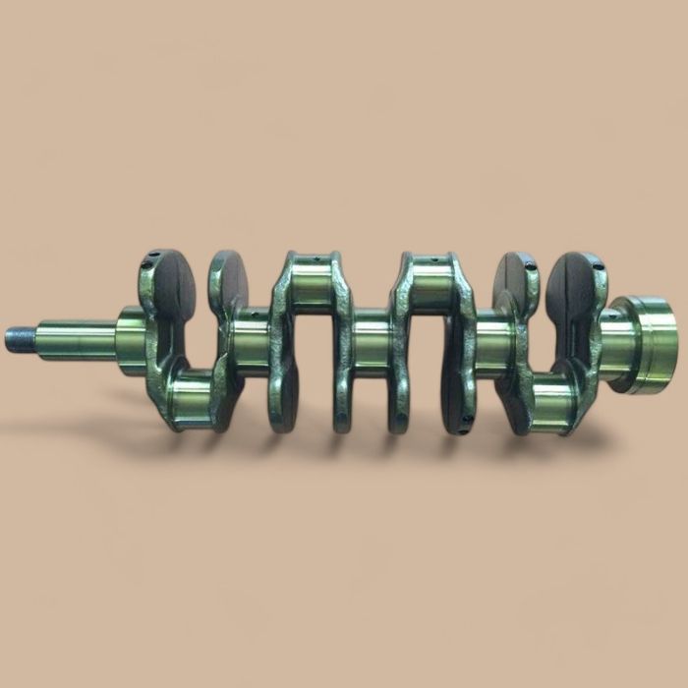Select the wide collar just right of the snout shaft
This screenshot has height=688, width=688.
pyautogui.click(x=130, y=334)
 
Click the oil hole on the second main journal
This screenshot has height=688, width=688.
pyautogui.click(x=254, y=316)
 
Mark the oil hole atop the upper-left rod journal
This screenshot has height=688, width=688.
pyautogui.click(x=306, y=260)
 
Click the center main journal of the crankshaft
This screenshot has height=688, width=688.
pyautogui.click(x=370, y=339)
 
